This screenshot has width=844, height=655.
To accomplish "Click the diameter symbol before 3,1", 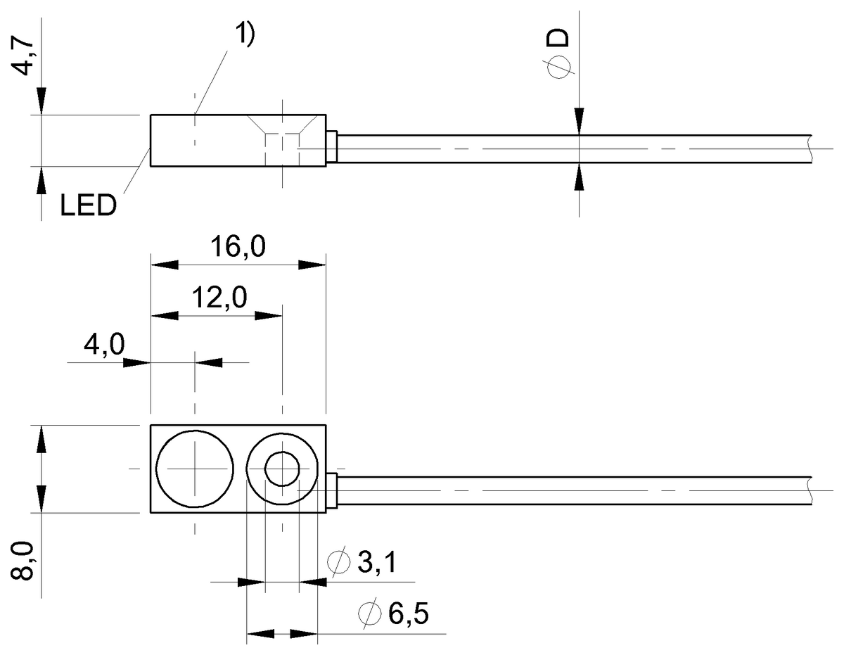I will [338, 563].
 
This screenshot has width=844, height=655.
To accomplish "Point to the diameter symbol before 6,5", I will [368, 615].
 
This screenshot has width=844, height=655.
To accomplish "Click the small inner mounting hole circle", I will [281, 469].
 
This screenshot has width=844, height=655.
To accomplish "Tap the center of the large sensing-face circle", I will [194, 469].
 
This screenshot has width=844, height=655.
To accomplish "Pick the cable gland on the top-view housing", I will [333, 490].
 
